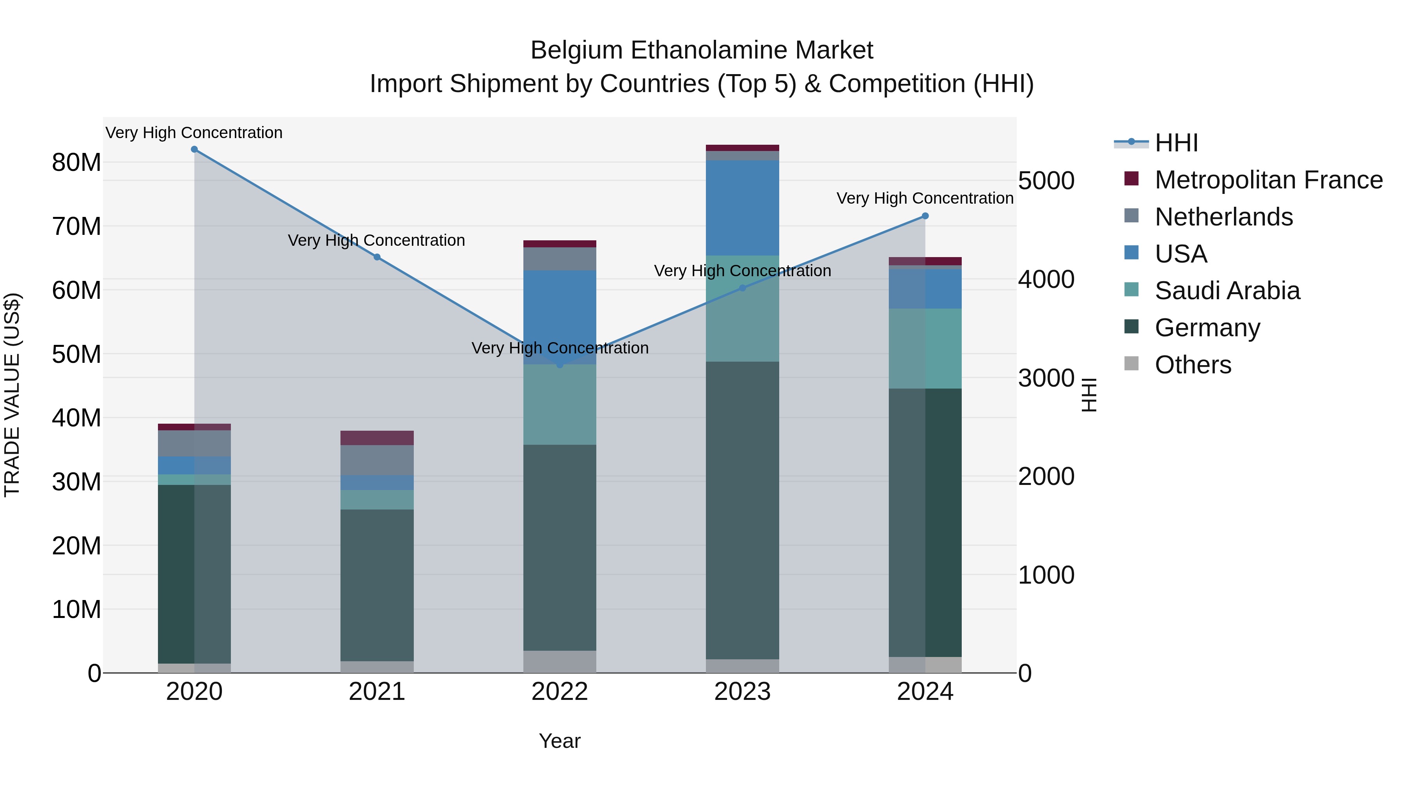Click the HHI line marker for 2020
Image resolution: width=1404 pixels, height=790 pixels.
pos(194,149)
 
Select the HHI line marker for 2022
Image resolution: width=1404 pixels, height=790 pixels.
pos(560,364)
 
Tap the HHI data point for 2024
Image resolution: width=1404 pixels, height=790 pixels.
pos(925,216)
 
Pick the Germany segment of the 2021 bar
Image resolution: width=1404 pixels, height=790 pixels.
pos(377,585)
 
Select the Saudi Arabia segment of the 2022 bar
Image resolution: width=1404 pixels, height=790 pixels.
pos(560,405)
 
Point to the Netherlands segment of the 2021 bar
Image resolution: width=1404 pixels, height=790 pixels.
pos(377,460)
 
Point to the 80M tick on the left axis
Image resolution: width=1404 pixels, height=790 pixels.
pos(76,162)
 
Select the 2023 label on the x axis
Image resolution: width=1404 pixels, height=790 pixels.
pos(742,692)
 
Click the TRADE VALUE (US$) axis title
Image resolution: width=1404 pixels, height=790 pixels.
pos(12,395)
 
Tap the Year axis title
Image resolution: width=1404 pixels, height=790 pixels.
pos(560,741)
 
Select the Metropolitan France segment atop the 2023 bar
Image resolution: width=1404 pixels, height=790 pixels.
pos(742,148)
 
